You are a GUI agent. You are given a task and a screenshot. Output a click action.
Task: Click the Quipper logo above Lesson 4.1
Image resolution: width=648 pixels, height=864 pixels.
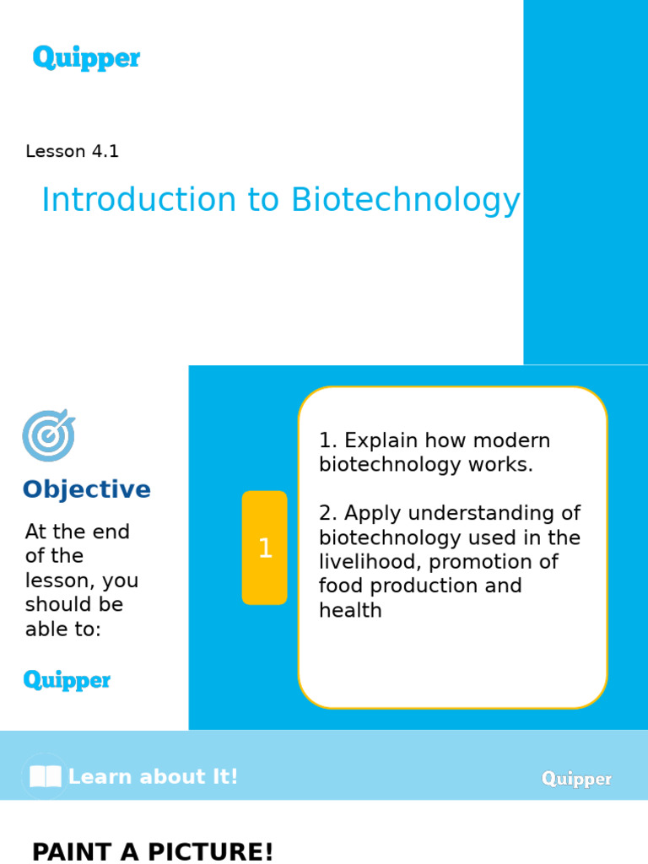click(86, 58)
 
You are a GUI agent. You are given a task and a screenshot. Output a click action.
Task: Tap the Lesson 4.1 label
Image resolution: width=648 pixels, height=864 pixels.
click(72, 152)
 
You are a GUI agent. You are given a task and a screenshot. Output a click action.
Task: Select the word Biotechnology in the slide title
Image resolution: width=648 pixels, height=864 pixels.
click(406, 201)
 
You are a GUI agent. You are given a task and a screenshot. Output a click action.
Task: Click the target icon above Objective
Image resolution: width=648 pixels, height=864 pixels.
click(48, 435)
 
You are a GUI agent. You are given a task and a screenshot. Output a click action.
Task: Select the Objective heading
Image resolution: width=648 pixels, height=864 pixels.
click(86, 490)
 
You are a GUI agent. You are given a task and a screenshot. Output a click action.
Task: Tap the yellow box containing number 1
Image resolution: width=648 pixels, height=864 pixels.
click(264, 548)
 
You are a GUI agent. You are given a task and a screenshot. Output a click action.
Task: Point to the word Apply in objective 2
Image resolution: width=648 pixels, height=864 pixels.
click(371, 513)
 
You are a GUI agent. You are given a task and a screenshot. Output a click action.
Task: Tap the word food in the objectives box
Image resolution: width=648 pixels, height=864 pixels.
click(339, 586)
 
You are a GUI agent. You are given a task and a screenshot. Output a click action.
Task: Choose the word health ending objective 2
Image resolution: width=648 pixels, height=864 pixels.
click(350, 610)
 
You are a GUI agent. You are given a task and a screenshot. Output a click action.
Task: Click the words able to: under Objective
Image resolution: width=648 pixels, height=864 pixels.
click(62, 629)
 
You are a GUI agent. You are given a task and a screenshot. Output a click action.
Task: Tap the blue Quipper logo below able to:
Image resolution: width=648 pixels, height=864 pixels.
click(67, 680)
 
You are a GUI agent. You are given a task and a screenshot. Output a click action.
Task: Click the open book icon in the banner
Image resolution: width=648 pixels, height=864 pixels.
click(46, 776)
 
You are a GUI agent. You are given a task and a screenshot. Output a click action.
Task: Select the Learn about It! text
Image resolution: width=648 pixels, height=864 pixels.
click(153, 777)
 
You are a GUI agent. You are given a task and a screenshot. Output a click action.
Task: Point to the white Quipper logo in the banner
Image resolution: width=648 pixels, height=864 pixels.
click(576, 779)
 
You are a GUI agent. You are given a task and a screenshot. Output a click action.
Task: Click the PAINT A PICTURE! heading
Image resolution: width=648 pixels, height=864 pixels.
click(153, 851)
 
